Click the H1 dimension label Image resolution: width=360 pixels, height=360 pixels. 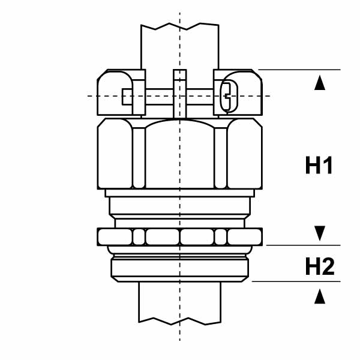(319, 166)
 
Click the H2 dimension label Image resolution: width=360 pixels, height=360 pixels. (319, 266)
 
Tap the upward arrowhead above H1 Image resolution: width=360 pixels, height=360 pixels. (320, 83)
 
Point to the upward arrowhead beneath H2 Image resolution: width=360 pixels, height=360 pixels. (320, 295)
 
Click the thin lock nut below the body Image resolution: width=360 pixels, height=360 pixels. (180, 237)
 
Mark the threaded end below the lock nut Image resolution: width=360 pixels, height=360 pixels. (180, 266)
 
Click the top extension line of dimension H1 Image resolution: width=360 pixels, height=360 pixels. (300, 70)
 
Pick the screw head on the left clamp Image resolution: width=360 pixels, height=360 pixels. (127, 96)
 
